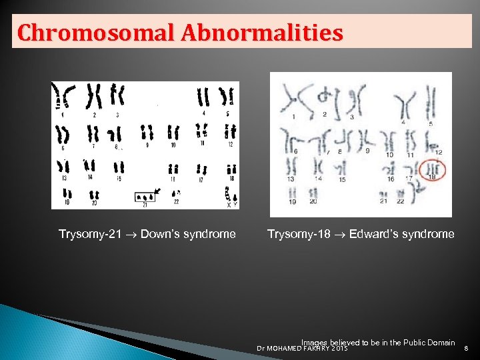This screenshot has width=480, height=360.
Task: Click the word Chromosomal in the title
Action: (x=80, y=32)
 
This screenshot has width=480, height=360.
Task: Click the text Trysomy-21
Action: (x=87, y=234)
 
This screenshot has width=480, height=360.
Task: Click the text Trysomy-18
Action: (x=296, y=234)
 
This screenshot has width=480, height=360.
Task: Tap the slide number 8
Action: (x=466, y=347)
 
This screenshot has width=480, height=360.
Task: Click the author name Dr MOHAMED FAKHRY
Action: (x=293, y=348)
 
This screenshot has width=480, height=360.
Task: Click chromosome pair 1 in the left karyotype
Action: (x=65, y=97)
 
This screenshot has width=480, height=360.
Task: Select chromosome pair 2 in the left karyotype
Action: (x=95, y=97)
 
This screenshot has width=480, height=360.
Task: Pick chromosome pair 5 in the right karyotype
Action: (x=431, y=103)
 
